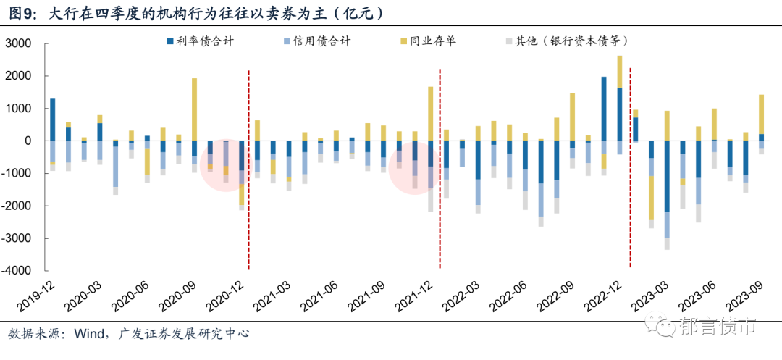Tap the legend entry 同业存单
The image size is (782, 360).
[x=432, y=42]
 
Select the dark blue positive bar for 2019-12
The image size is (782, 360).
[x=52, y=119]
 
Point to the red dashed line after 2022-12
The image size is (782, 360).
[x=631, y=167]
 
